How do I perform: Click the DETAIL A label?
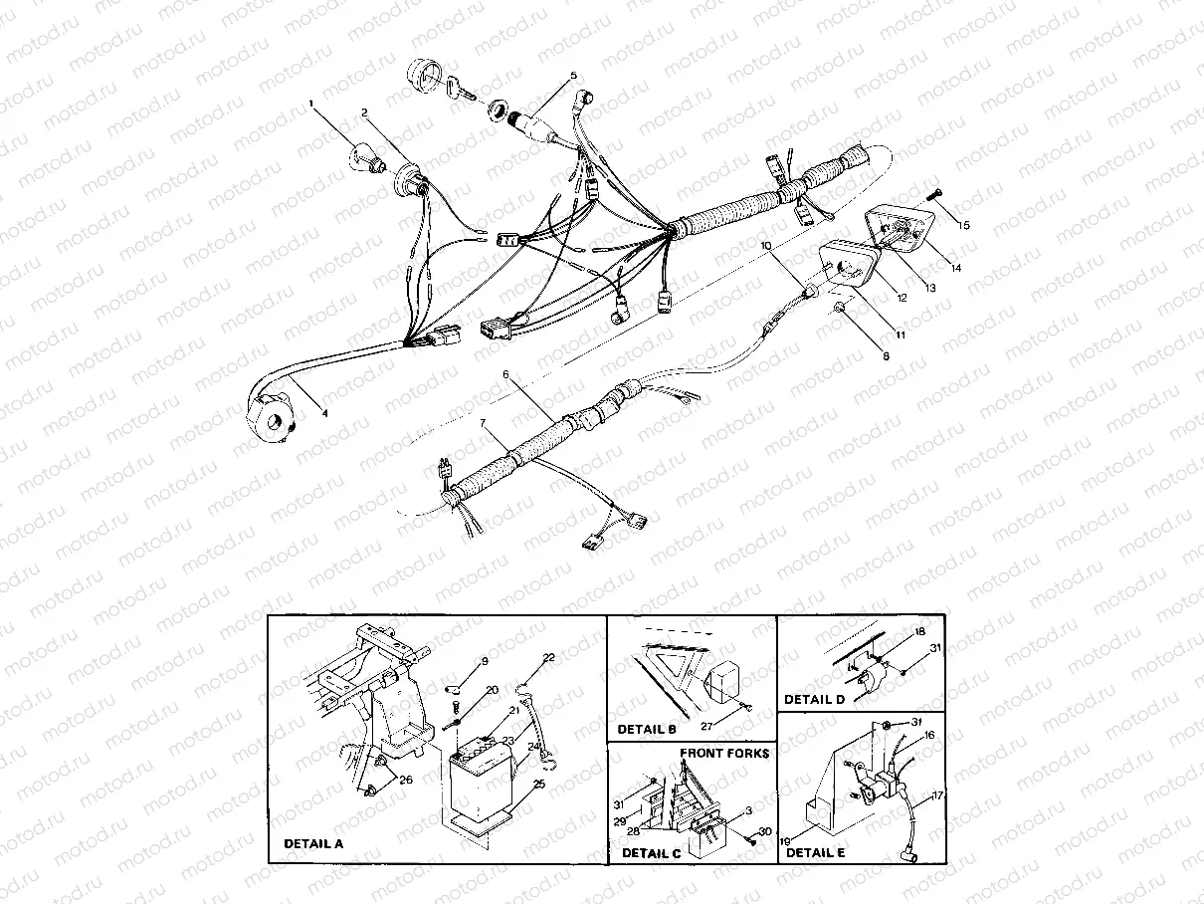[x=312, y=843]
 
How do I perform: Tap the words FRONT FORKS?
[x=724, y=755]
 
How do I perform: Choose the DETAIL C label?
[x=653, y=852]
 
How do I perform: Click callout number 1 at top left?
[x=311, y=103]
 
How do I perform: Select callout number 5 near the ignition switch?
[x=573, y=76]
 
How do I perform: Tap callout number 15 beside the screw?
[x=963, y=225]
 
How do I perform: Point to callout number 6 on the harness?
[x=505, y=374]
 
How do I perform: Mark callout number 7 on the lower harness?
[x=484, y=423]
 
